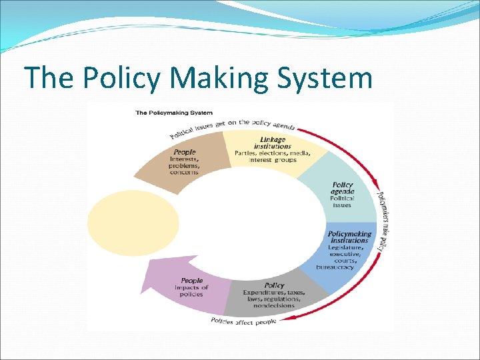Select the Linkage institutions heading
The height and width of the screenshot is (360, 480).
pos(272,143)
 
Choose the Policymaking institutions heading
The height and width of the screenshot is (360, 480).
pos(349,237)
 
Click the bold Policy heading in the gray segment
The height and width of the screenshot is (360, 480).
pos(274,285)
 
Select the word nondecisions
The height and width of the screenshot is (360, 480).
pos(273,305)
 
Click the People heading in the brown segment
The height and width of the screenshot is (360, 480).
pos(185,152)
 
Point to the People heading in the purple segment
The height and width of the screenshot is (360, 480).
pos(191,281)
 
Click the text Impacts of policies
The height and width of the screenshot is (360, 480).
pos(191,291)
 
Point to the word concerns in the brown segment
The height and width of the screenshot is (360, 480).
pos(184,173)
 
